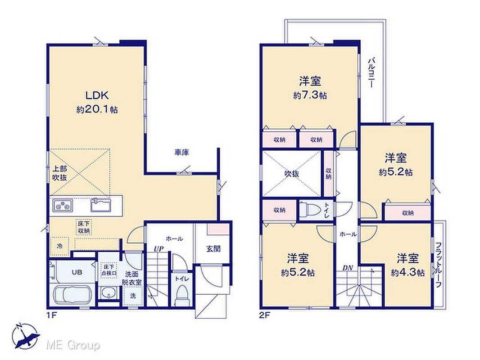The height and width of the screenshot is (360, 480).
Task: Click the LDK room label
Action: [97, 95]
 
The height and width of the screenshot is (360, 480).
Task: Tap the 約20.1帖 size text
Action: [97, 109]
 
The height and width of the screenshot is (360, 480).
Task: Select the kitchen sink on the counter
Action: [100, 204]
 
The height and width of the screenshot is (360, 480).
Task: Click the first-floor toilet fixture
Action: [182, 295]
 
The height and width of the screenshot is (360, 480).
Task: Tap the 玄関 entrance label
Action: [213, 249]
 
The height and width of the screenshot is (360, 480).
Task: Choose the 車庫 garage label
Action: [181, 152]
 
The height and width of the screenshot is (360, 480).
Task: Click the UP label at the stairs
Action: [158, 248]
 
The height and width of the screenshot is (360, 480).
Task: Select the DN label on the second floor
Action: [348, 268]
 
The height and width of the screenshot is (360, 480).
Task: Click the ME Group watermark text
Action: [73, 346]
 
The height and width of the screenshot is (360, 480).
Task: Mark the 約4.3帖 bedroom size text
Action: [408, 273]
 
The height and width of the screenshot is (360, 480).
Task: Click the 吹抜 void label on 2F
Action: [292, 174]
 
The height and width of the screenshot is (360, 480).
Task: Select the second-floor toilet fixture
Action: [310, 211]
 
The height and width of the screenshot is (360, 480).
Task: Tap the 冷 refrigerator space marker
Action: [60, 246]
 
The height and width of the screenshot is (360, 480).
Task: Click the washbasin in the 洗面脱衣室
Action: [109, 294]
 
